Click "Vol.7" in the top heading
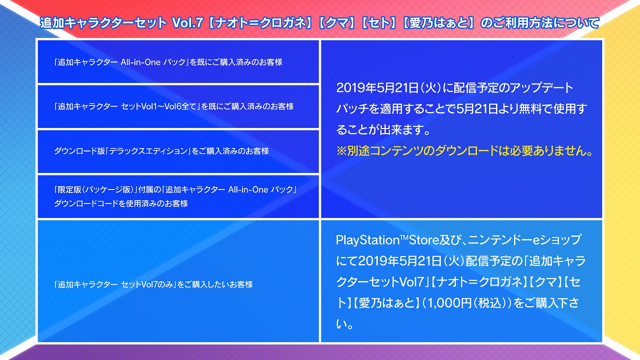pos(187,23)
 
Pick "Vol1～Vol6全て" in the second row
pos(169,106)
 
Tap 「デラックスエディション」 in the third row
pos(148,151)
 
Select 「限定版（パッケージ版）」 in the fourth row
pos(95,189)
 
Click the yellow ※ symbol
pos(341,151)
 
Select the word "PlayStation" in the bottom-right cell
pos(367,240)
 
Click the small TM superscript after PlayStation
pos(403,237)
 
